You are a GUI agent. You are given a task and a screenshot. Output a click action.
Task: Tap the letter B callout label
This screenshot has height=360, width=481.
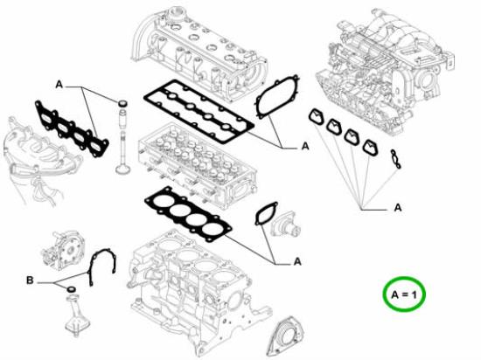pyautogui.click(x=31, y=280)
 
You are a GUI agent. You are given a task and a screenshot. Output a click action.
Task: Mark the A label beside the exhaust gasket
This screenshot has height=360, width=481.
pyautogui.click(x=59, y=85)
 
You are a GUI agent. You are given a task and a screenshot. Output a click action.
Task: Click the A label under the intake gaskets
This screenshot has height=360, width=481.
pyautogui.click(x=397, y=207)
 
